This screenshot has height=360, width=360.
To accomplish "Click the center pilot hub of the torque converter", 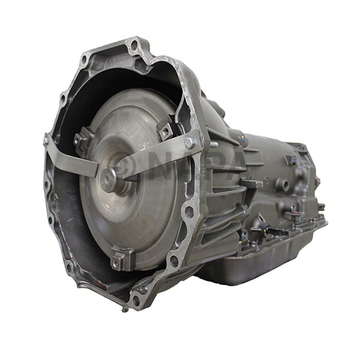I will click(109, 178).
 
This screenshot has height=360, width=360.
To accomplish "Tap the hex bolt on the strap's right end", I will click(189, 143).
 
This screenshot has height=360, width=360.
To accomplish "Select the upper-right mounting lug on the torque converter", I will click(166, 131).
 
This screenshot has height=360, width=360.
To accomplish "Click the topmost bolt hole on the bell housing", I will click(134, 45).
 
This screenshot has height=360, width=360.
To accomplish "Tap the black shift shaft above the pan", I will click(275, 230).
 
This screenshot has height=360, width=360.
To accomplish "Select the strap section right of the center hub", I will click(154, 159).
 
